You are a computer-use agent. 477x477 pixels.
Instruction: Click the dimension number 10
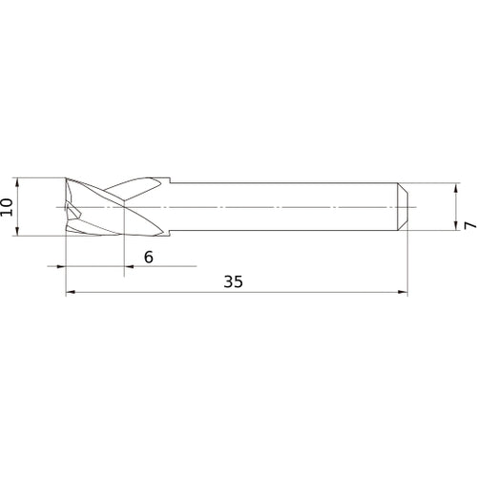8,206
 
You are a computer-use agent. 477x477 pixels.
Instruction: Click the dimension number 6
148,257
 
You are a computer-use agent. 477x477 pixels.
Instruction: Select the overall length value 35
233,282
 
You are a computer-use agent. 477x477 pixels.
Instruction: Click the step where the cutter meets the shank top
169,182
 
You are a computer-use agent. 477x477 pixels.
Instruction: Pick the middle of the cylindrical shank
286,206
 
